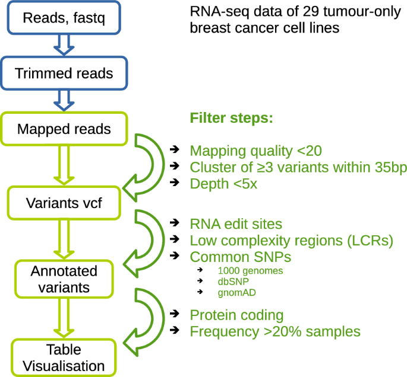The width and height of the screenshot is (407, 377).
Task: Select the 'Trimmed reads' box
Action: (64, 74)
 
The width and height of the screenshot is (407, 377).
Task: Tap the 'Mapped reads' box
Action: (64, 129)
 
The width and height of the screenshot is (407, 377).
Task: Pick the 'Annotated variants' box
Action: (64, 279)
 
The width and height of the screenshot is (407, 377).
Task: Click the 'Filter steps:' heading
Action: (231, 118)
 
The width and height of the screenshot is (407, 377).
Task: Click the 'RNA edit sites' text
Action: (236, 223)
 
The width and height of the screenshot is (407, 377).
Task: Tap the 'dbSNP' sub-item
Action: (234, 282)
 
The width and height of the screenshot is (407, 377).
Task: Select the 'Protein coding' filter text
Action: (236, 315)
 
